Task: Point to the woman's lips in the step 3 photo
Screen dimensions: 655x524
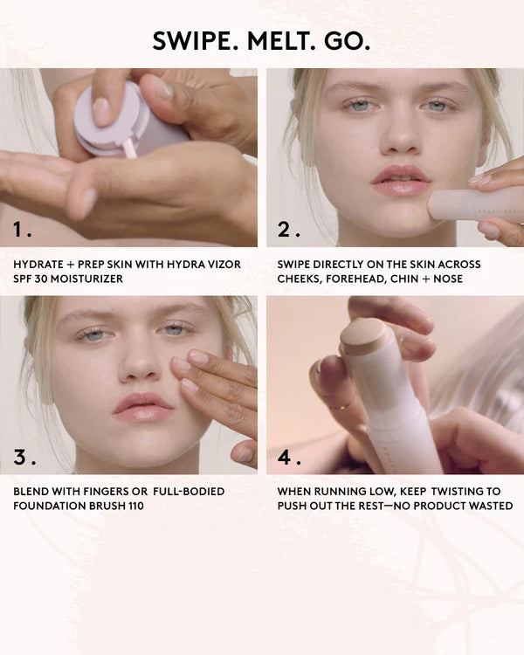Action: (x=143, y=407)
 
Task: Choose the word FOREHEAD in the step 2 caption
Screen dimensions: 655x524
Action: (x=361, y=279)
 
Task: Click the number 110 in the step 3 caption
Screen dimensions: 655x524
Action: (x=130, y=506)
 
